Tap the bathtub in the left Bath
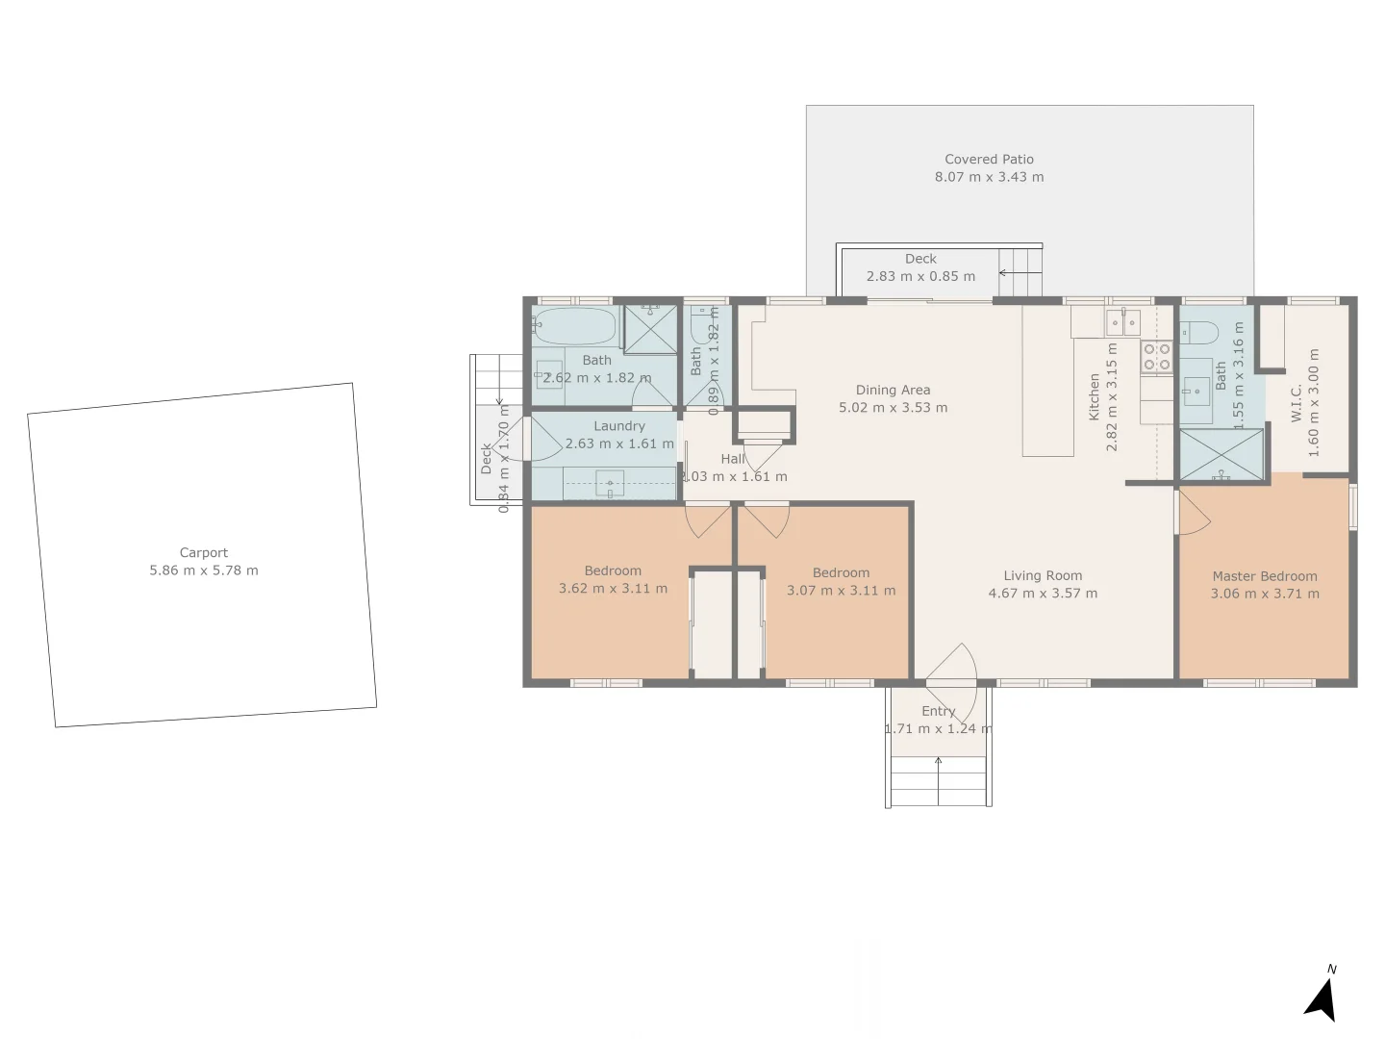pyautogui.click(x=574, y=327)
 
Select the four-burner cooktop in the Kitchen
pyautogui.click(x=1156, y=357)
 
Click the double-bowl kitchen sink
pyautogui.click(x=1121, y=321)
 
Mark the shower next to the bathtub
pyautogui.click(x=650, y=330)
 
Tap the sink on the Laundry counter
pyautogui.click(x=610, y=483)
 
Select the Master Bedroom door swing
pyautogui.click(x=1193, y=514)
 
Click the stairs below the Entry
pyautogui.click(x=938, y=780)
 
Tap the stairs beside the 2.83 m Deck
pyautogui.click(x=1020, y=272)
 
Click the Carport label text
pyautogui.click(x=204, y=552)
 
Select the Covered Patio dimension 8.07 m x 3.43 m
pyautogui.click(x=989, y=177)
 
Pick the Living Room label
pyautogui.click(x=1043, y=575)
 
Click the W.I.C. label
pyautogui.click(x=1297, y=402)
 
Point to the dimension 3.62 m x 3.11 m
pyautogui.click(x=613, y=589)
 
